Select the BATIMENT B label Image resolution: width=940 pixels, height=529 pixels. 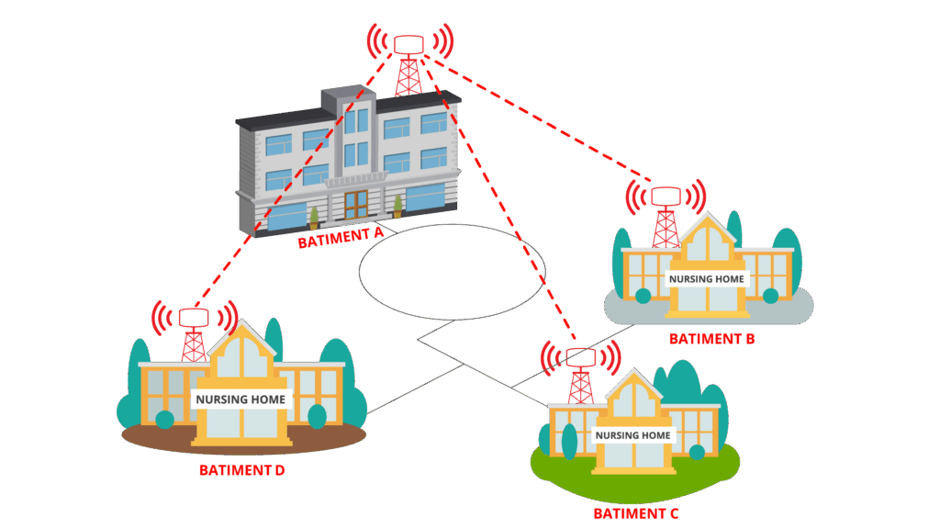click(x=711, y=339)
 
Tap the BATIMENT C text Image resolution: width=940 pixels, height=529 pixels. click(x=635, y=513)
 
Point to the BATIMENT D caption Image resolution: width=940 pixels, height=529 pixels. click(x=242, y=470)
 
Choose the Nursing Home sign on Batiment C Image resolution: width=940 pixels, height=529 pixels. click(x=633, y=434)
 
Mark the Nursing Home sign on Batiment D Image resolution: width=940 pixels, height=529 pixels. click(x=241, y=400)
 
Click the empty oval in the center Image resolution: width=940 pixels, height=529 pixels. click(x=452, y=272)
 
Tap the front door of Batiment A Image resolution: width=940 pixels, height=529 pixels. click(x=355, y=203)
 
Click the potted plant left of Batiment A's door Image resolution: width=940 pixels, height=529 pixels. click(x=314, y=219)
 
